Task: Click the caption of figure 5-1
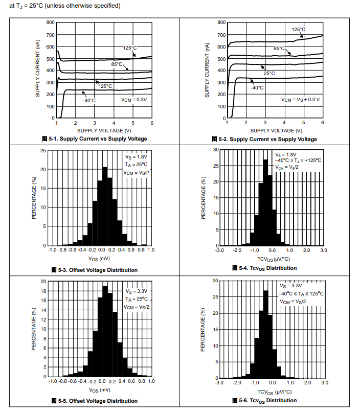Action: coord(95,139)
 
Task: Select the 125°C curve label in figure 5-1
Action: coord(130,48)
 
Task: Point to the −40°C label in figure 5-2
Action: coord(257,88)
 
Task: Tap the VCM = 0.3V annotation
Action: coord(133,99)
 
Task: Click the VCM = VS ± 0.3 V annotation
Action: coord(300,99)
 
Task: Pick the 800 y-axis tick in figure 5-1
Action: coord(50,22)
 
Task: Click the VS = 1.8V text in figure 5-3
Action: coord(136,156)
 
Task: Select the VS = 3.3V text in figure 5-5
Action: coord(136,291)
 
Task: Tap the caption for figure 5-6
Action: coord(264,400)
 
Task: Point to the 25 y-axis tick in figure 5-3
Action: coord(43,151)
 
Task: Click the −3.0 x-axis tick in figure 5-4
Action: coord(219,250)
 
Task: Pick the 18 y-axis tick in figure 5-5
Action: coord(43,291)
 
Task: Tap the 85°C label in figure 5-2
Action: coord(279,49)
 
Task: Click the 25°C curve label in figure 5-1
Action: coord(106,86)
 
